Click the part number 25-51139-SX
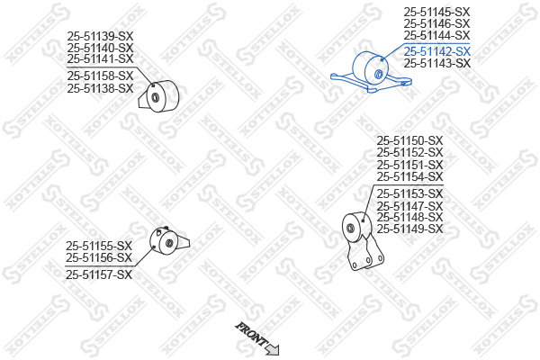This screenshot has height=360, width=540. click(100, 36)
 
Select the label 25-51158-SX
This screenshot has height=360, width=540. click(100, 76)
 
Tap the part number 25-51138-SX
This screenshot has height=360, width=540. click(100, 88)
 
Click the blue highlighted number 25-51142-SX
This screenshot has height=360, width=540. click(437, 51)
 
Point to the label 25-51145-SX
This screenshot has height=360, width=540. click(436, 12)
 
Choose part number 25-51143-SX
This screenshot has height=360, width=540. click(437, 63)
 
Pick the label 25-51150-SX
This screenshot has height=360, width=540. click(409, 140)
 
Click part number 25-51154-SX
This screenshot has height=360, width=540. click(409, 176)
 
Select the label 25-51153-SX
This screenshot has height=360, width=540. click(409, 193)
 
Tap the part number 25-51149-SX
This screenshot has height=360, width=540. click(409, 229)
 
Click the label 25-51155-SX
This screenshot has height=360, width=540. click(99, 246)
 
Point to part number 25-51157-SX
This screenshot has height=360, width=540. click(99, 274)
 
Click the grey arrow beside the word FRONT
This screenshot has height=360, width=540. click(273, 349)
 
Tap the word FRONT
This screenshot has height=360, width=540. click(251, 334)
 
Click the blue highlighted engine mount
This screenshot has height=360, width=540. click(371, 72)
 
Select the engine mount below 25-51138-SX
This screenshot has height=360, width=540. click(158, 96)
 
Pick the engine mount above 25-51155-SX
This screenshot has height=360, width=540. click(169, 241)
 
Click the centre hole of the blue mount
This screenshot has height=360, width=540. click(378, 74)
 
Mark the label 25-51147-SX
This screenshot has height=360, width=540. click(409, 206)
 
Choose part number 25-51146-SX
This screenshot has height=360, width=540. click(436, 23)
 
